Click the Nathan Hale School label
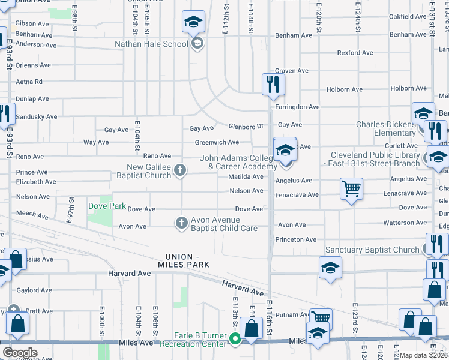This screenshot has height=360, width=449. coord(151,44)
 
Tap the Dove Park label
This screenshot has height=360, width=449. coord(107,206)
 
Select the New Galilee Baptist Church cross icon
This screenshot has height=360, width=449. coord(179,171)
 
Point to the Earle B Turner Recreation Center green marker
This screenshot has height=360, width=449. coord(235,340)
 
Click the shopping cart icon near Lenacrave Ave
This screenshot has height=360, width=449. coord(351,188)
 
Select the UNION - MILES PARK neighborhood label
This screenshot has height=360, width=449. coord(183,260)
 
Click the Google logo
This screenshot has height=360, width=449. coord(20,353)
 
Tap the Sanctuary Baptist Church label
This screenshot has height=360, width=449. coord(372,250)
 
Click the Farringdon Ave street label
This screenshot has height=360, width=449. coord(297,107)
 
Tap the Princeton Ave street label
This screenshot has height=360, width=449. coord(295,239)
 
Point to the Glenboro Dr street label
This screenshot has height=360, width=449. coord(246,126)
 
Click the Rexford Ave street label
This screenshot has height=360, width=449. coord(357,53)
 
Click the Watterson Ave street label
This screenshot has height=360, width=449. coord(405,223)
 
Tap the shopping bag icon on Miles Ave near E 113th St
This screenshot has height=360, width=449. coord(252,329)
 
